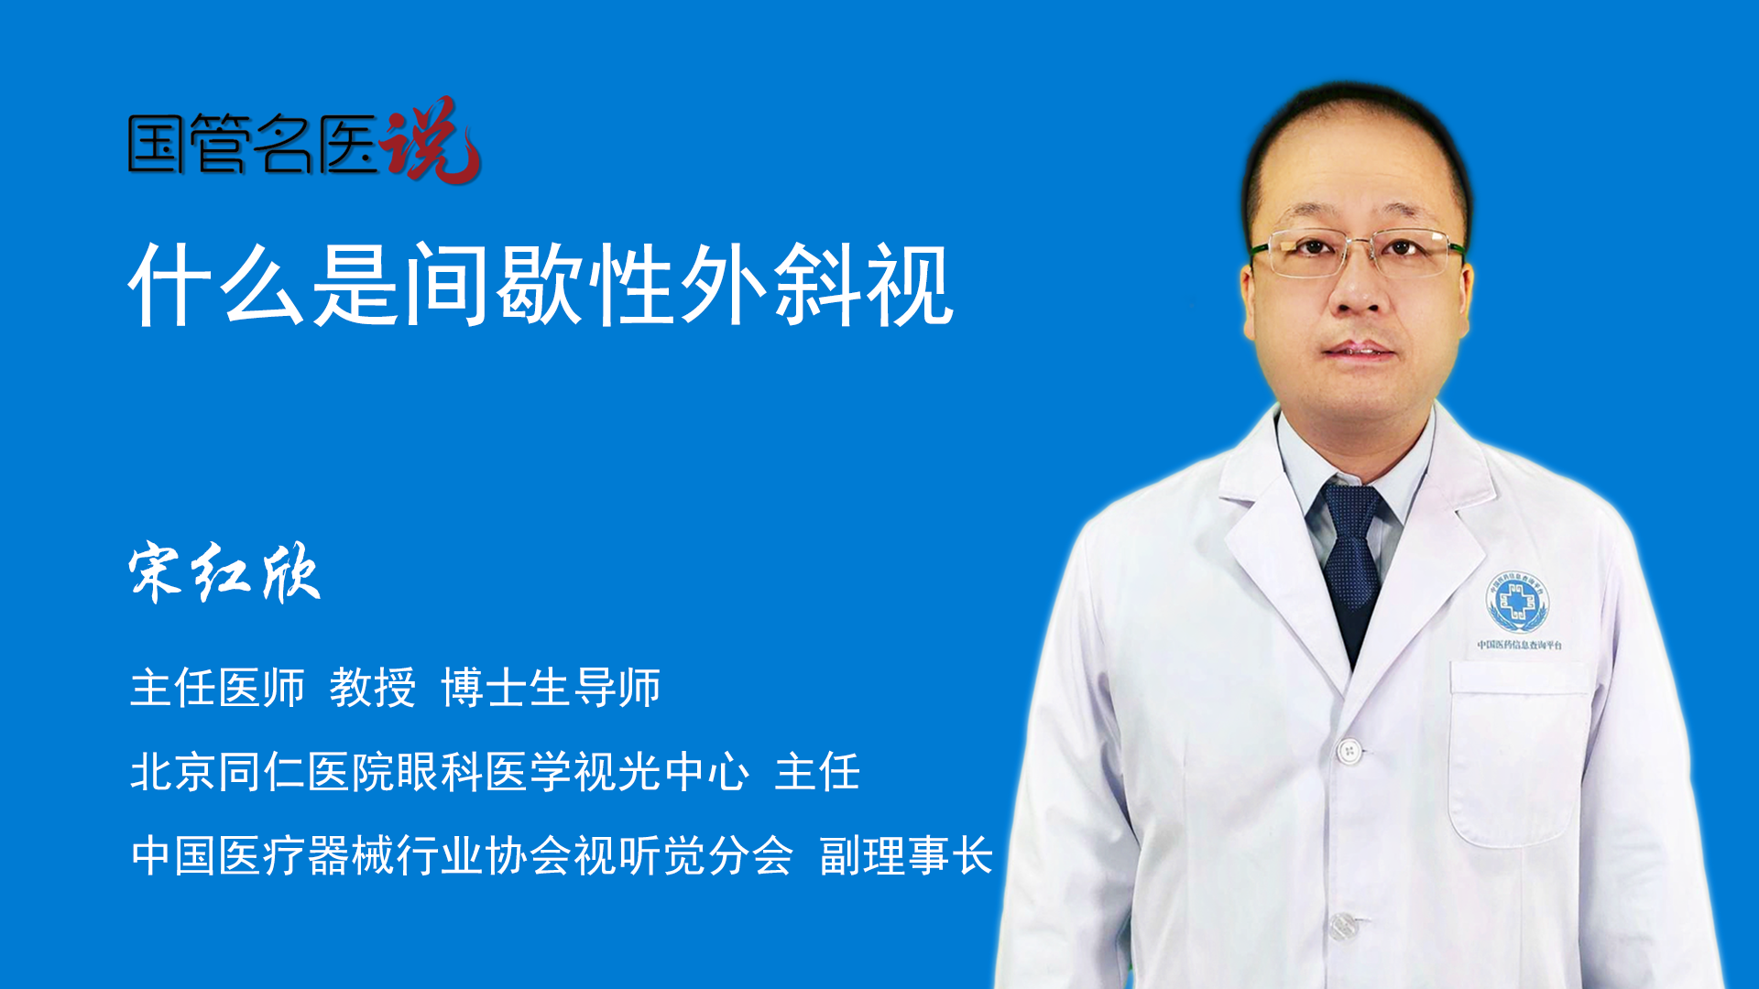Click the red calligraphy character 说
(431, 139)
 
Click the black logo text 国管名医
(253, 144)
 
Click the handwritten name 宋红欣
(224, 572)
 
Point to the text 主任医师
(217, 688)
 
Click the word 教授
(373, 688)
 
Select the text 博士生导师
(551, 688)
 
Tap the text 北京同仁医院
(263, 771)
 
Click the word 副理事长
(906, 855)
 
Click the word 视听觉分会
(683, 855)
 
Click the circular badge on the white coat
(1516, 602)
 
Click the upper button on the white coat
(1349, 752)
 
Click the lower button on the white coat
(1343, 926)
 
